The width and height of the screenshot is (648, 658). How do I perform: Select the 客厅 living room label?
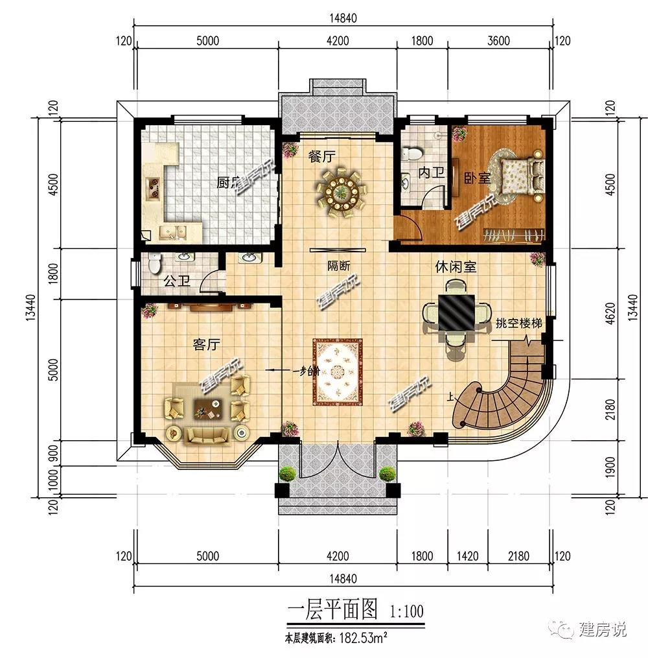pos(205,344)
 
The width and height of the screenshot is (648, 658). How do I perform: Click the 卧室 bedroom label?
pos(477,177)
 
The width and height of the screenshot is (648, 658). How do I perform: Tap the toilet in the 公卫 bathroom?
pos(155,263)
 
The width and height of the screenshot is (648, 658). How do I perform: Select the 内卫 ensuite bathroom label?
pos(432,172)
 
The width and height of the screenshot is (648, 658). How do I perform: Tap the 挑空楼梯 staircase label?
pos(518,323)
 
